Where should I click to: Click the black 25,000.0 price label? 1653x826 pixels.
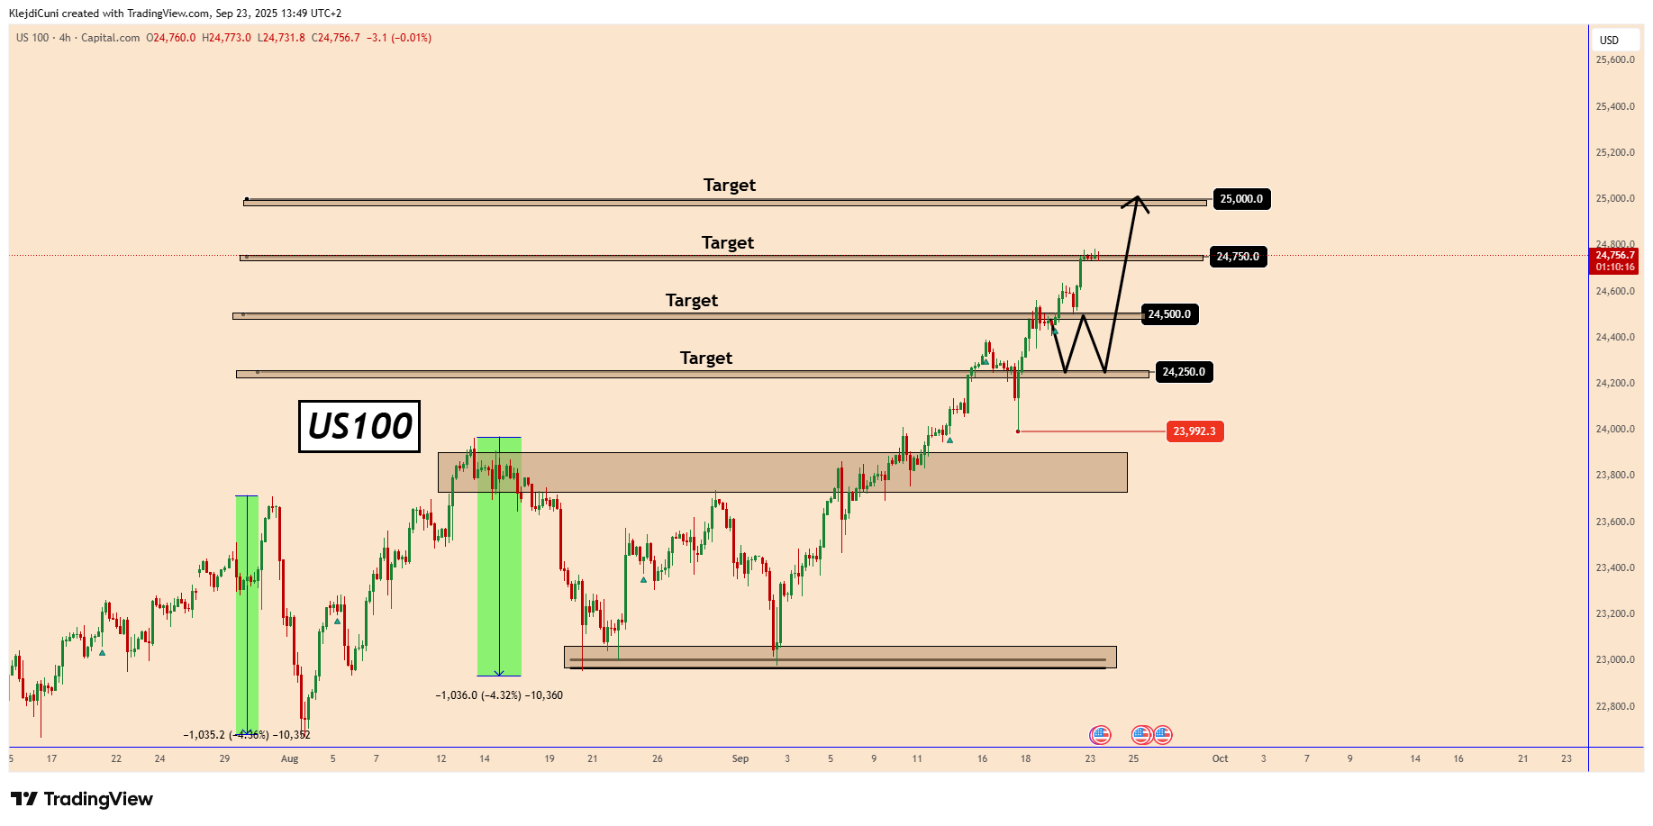(1240, 199)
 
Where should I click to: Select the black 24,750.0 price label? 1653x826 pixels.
(1237, 257)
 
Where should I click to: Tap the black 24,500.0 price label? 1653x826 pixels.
(1168, 314)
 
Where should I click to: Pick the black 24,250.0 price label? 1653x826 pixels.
(1183, 372)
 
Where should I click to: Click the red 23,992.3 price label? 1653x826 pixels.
(1194, 431)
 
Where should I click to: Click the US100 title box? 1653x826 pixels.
(359, 426)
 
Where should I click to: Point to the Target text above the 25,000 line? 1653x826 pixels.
(729, 185)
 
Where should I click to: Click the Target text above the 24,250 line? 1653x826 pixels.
(705, 358)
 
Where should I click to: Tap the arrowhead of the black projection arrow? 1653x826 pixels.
(1138, 199)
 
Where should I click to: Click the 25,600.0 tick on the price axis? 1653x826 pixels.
(1614, 60)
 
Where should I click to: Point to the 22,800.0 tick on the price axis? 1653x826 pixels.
(1614, 706)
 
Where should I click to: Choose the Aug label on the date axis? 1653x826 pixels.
(289, 758)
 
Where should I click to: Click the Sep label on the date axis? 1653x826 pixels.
(740, 758)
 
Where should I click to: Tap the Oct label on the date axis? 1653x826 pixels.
(1220, 758)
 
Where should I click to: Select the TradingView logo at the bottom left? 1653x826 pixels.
(82, 799)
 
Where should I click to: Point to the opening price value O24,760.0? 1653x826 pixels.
(171, 38)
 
